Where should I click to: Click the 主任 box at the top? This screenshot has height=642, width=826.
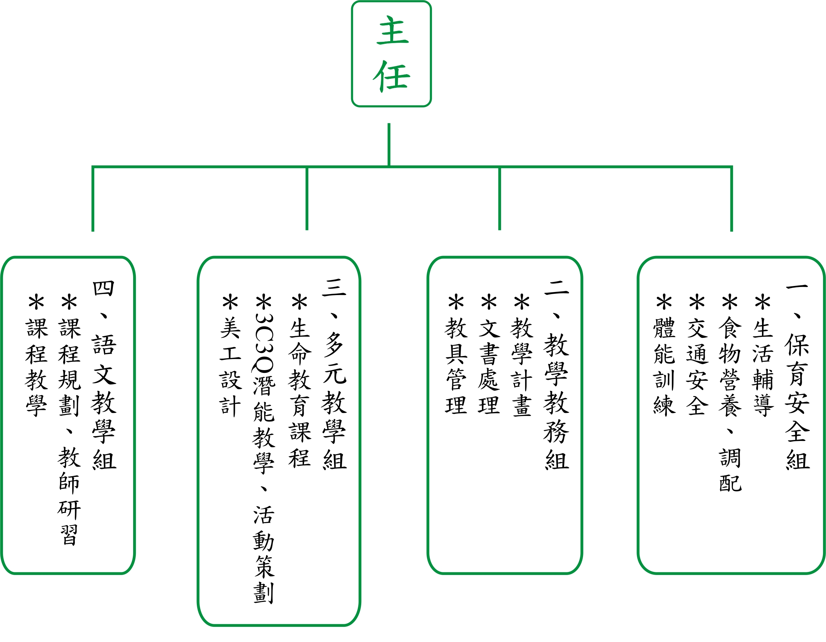pyautogui.click(x=391, y=54)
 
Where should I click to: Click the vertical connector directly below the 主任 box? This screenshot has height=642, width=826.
pyautogui.click(x=389, y=145)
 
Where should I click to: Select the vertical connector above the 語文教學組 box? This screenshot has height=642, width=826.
pyautogui.click(x=93, y=198)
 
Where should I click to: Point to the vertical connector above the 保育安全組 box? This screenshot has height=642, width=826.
pyautogui.click(x=731, y=198)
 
